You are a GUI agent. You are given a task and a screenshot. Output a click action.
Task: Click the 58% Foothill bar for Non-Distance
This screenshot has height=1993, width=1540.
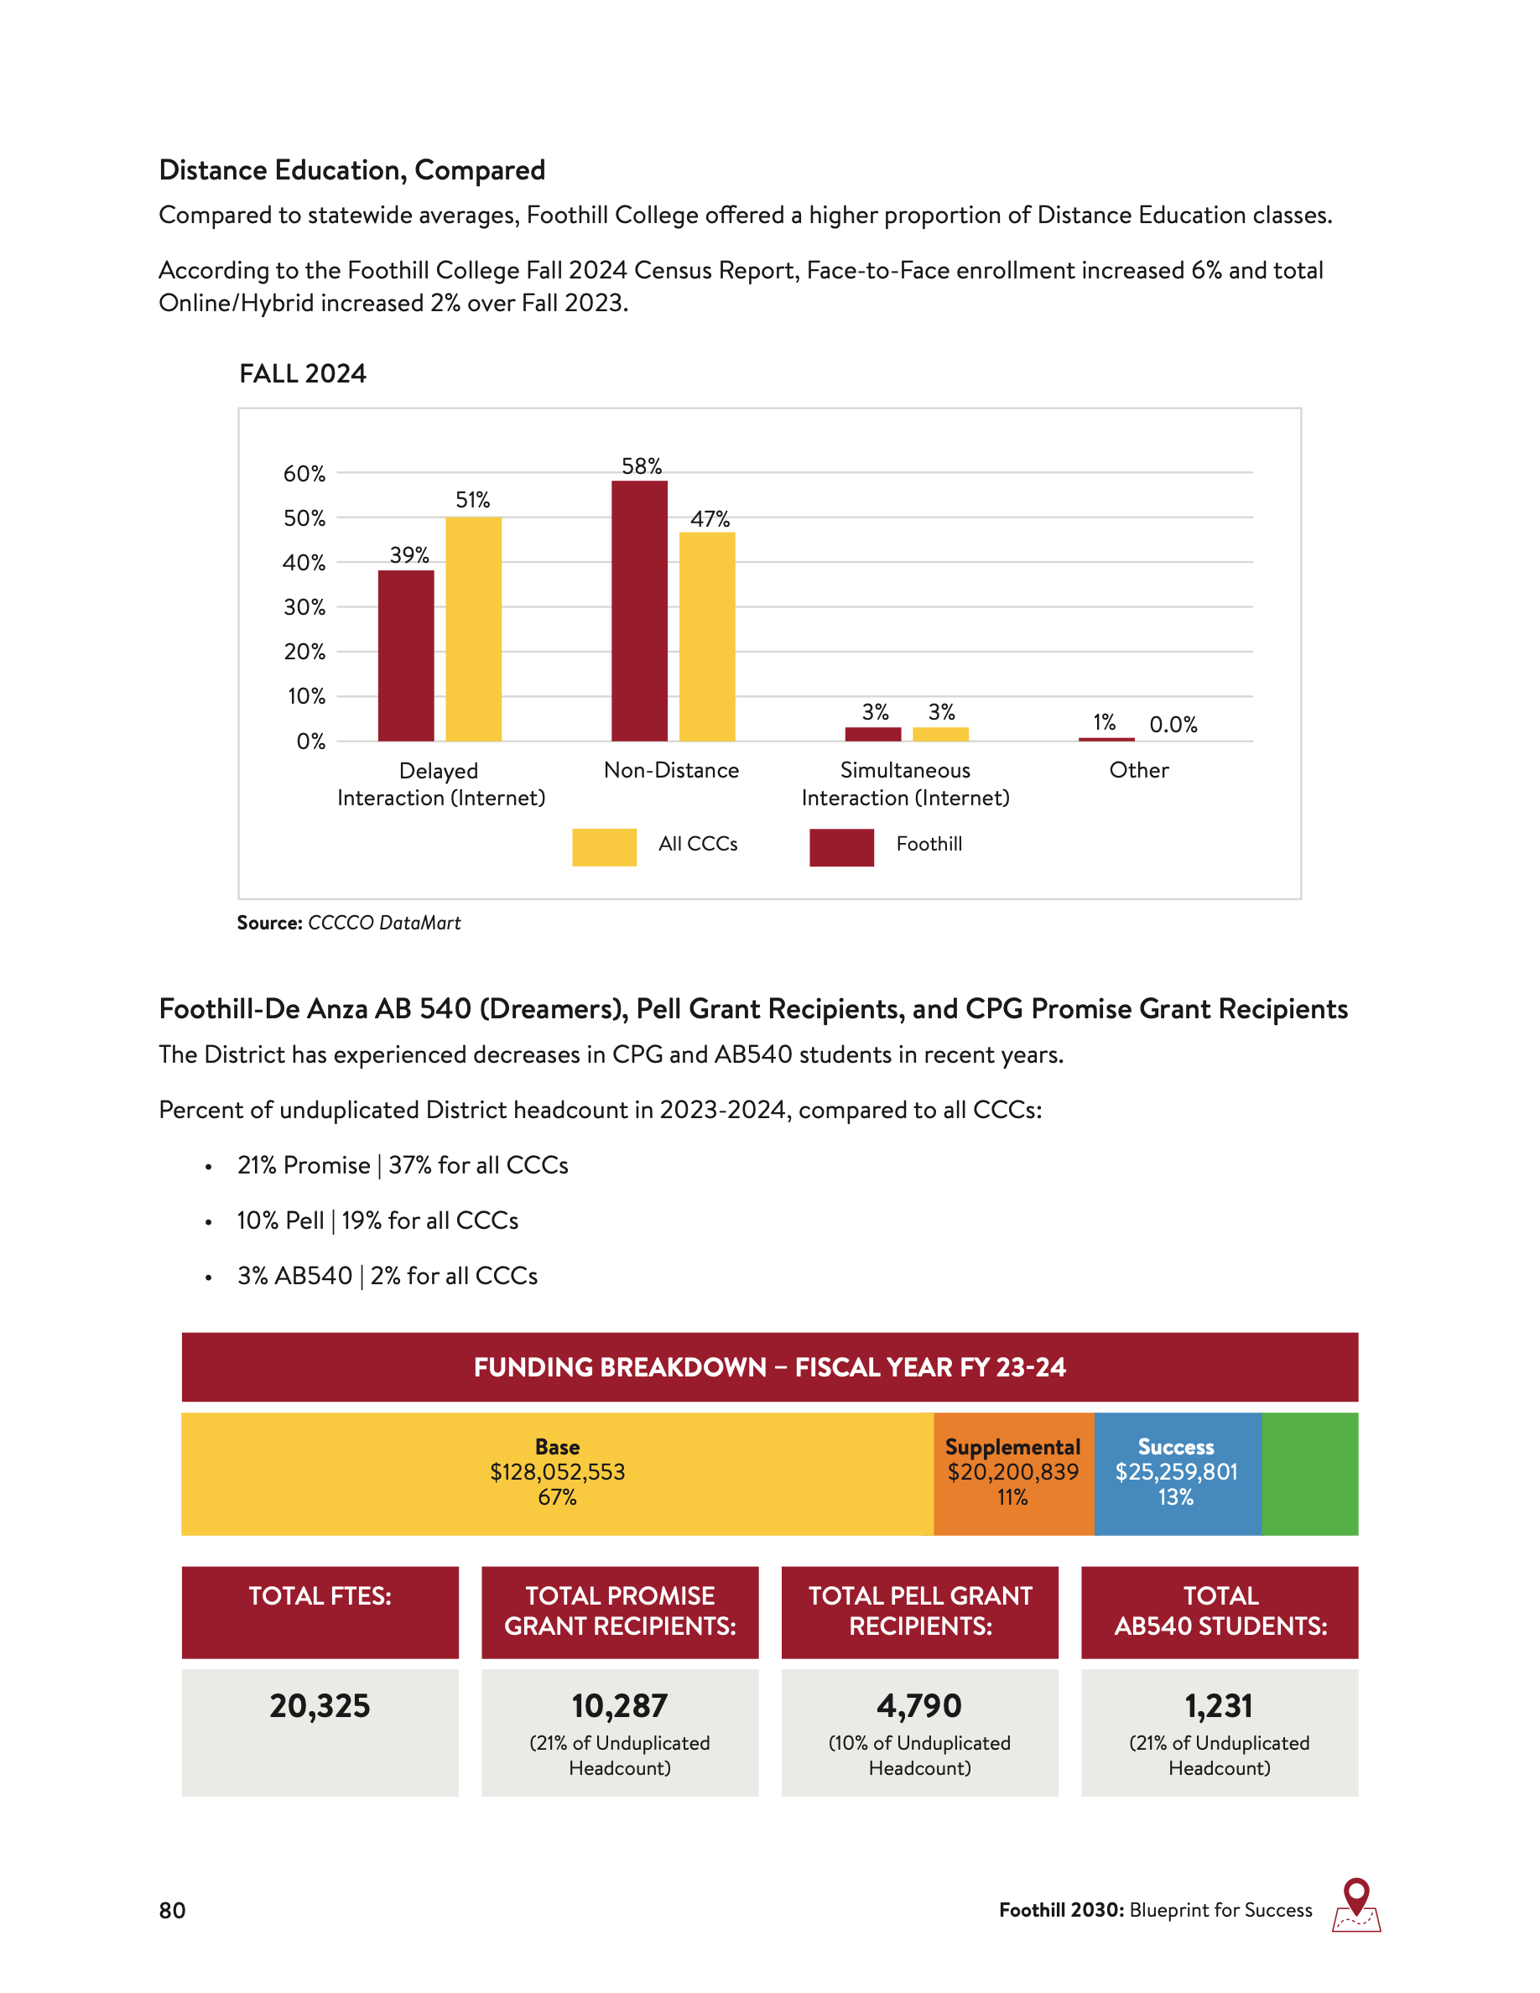[638, 611]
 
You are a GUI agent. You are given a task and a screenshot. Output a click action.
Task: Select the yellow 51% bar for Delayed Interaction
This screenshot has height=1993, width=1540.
[474, 629]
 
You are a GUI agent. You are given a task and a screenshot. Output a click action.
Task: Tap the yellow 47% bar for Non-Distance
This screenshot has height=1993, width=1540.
[707, 636]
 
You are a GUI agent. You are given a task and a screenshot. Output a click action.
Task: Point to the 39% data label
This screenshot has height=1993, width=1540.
[408, 554]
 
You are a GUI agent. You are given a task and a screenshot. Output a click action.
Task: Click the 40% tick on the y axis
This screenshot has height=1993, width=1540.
[304, 563]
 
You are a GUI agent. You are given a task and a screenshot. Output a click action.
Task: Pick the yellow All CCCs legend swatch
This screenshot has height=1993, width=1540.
[604, 847]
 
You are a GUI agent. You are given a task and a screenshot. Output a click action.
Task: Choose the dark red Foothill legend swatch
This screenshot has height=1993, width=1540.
[841, 847]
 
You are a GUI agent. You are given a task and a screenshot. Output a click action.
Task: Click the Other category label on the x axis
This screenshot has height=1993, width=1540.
[1138, 770]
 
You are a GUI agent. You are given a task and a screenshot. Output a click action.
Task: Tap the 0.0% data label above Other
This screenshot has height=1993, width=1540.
[1173, 725]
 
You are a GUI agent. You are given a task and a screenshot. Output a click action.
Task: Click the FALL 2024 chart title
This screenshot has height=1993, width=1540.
[302, 373]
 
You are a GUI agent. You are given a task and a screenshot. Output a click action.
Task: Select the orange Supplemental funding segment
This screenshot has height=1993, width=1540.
[1012, 1473]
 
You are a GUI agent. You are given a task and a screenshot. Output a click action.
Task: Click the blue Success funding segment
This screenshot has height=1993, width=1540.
[1177, 1473]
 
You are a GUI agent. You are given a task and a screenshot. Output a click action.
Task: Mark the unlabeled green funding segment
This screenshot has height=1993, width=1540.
[1309, 1473]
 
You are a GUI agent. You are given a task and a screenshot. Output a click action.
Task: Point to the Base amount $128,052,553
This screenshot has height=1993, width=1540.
[558, 1472]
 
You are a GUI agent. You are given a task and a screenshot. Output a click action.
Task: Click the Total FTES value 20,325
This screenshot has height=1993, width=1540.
[320, 1705]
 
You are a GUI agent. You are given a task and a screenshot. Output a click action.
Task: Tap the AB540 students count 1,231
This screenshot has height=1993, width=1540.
[1219, 1705]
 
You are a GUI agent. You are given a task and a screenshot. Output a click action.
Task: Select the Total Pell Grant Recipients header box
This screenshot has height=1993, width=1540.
[919, 1611]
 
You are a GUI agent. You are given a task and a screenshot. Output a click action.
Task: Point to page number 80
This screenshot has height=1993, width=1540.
[173, 1910]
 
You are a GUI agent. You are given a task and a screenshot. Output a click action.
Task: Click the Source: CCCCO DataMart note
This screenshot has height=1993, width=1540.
[348, 923]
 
